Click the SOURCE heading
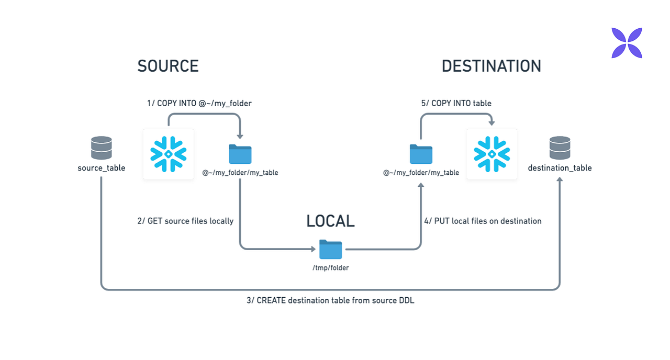click(x=168, y=66)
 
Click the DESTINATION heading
click(x=491, y=66)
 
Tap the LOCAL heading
click(x=330, y=221)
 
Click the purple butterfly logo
click(x=627, y=43)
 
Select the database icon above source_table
click(x=101, y=148)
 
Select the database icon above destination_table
click(x=560, y=148)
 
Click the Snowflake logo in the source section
click(x=169, y=154)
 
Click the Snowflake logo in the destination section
click(x=492, y=154)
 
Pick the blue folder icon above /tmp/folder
click(x=330, y=249)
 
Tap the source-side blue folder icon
click(x=240, y=154)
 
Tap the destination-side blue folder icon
click(x=421, y=154)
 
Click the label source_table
click(x=102, y=168)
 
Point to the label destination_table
click(x=560, y=168)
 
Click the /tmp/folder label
click(x=330, y=268)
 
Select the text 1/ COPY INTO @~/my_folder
click(x=199, y=104)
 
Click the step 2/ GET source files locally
click(x=185, y=221)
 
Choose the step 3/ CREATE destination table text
click(x=330, y=300)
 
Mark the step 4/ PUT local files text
click(x=482, y=221)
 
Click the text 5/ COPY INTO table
click(x=456, y=104)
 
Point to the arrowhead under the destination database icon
click(x=560, y=180)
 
